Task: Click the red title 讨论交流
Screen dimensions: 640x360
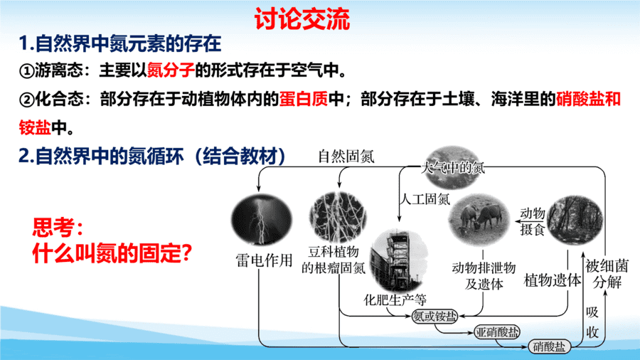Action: (302, 18)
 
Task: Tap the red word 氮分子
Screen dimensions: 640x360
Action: (171, 70)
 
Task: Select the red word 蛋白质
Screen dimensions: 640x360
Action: (303, 99)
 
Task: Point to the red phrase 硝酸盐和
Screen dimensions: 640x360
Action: (588, 99)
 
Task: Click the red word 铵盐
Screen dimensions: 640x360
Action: (35, 127)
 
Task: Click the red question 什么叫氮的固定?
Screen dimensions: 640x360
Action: (112, 253)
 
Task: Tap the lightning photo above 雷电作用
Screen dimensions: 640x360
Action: (262, 220)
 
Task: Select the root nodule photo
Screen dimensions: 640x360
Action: (338, 217)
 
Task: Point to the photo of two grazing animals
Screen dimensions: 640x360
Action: (479, 220)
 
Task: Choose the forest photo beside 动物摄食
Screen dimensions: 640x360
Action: (575, 221)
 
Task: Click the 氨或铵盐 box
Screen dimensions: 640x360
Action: (434, 317)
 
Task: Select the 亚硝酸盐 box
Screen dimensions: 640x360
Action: (497, 332)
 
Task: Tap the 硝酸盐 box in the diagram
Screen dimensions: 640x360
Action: (549, 346)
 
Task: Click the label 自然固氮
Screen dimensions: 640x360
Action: (346, 157)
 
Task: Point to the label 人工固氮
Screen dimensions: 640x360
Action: (425, 199)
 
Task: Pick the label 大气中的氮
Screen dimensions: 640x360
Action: (453, 168)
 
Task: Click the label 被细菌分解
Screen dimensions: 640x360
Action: (607, 274)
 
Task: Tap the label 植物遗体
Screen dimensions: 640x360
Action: (553, 280)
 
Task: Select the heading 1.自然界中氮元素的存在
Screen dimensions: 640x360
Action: (120, 43)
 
